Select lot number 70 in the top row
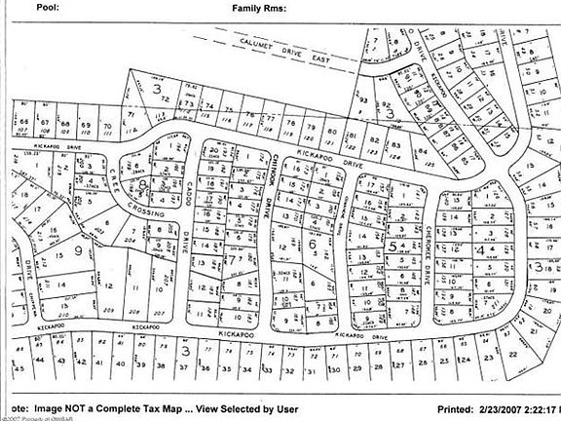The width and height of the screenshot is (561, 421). point(105,126)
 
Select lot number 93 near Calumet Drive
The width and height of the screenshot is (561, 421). point(362,100)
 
